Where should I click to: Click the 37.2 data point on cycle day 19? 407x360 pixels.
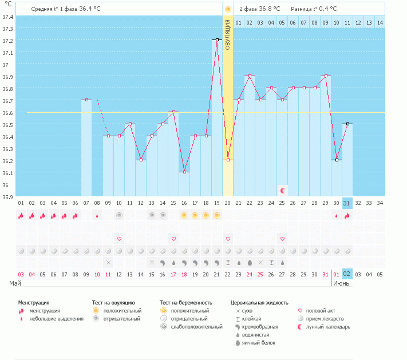point(217,39)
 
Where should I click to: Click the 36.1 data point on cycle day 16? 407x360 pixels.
point(184,172)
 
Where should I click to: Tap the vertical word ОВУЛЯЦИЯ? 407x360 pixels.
point(228,35)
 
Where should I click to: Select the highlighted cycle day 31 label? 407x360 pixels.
point(346,203)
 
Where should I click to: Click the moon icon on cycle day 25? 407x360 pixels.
point(282,190)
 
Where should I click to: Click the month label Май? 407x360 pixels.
point(16,283)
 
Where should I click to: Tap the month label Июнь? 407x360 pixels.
point(342,283)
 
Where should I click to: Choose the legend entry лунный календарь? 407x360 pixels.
point(329,327)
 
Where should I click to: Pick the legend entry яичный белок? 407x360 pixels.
point(259,343)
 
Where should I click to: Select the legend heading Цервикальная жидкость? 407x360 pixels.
point(259,302)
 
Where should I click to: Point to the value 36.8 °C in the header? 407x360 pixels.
point(270,9)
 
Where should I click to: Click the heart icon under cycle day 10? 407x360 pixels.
point(119,238)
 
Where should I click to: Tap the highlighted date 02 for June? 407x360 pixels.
point(346,274)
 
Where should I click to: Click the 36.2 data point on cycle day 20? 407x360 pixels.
point(228,160)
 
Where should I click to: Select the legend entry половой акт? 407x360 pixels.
point(321,311)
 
